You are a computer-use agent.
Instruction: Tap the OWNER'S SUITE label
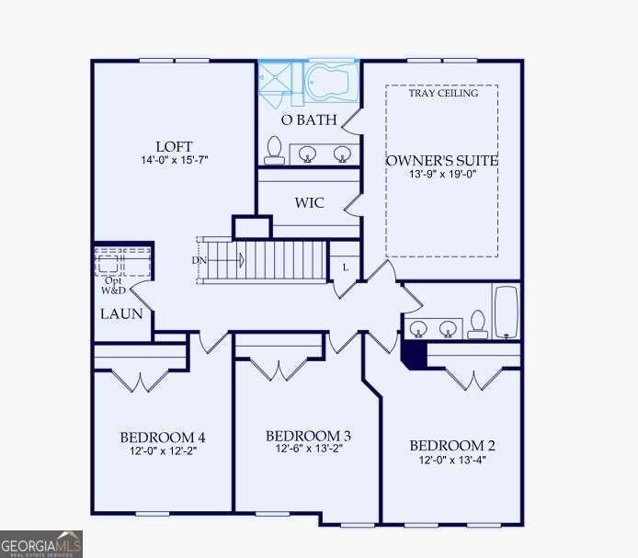point(441,161)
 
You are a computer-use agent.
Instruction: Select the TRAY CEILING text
point(444,93)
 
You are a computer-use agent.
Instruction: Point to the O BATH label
point(308,120)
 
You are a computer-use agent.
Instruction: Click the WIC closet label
point(310,203)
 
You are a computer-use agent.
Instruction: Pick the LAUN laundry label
point(120,313)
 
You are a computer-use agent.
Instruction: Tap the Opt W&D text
point(113,285)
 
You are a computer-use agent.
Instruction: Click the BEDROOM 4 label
point(162,437)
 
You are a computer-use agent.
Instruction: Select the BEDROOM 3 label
point(308,435)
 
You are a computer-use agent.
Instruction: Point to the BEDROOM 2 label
point(452,446)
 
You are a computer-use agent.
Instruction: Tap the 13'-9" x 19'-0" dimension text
point(441,176)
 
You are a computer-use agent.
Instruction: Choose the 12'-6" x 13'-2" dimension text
point(308,449)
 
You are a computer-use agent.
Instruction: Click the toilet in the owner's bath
point(274,149)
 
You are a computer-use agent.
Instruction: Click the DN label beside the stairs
point(199,260)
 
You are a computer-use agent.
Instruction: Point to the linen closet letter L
point(345,268)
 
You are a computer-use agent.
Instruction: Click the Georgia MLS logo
point(41,543)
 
